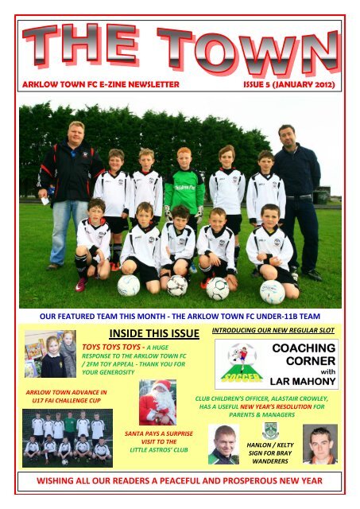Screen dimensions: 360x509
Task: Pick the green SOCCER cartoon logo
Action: [235, 363]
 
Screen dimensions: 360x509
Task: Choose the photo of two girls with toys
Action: [51, 354]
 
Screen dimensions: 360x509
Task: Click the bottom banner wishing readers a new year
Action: [180, 481]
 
